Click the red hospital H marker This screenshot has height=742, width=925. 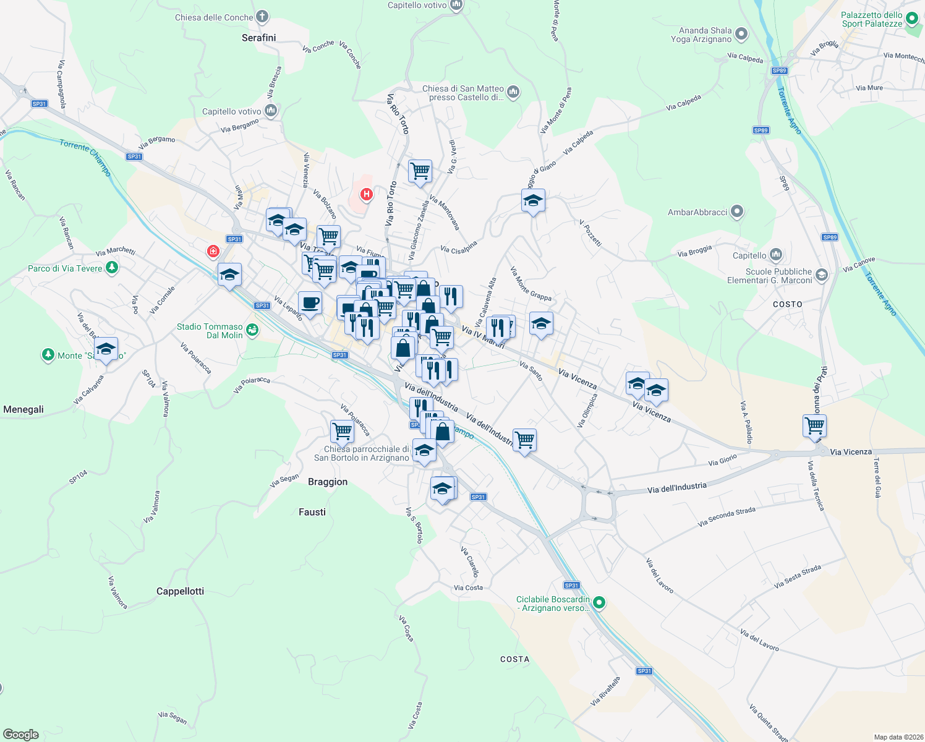(367, 195)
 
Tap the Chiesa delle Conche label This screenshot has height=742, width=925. (214, 17)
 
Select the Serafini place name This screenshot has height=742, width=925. (258, 38)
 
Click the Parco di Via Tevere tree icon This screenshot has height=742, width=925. (112, 268)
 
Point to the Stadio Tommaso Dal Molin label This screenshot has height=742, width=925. (210, 331)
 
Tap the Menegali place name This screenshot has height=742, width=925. (23, 409)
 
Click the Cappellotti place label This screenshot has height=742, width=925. (180, 591)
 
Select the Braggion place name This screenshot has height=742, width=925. (328, 482)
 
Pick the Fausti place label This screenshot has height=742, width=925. (312, 512)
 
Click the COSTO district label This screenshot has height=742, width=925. (788, 304)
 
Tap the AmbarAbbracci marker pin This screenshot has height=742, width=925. (736, 212)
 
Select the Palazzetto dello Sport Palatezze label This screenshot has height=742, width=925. (872, 19)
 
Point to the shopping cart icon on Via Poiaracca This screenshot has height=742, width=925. (342, 430)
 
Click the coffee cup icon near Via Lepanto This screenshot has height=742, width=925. (310, 303)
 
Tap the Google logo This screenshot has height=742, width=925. (20, 735)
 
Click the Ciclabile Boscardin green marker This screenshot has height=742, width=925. (599, 602)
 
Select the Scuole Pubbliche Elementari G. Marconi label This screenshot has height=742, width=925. (778, 276)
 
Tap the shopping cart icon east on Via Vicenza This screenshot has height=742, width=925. (814, 425)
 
